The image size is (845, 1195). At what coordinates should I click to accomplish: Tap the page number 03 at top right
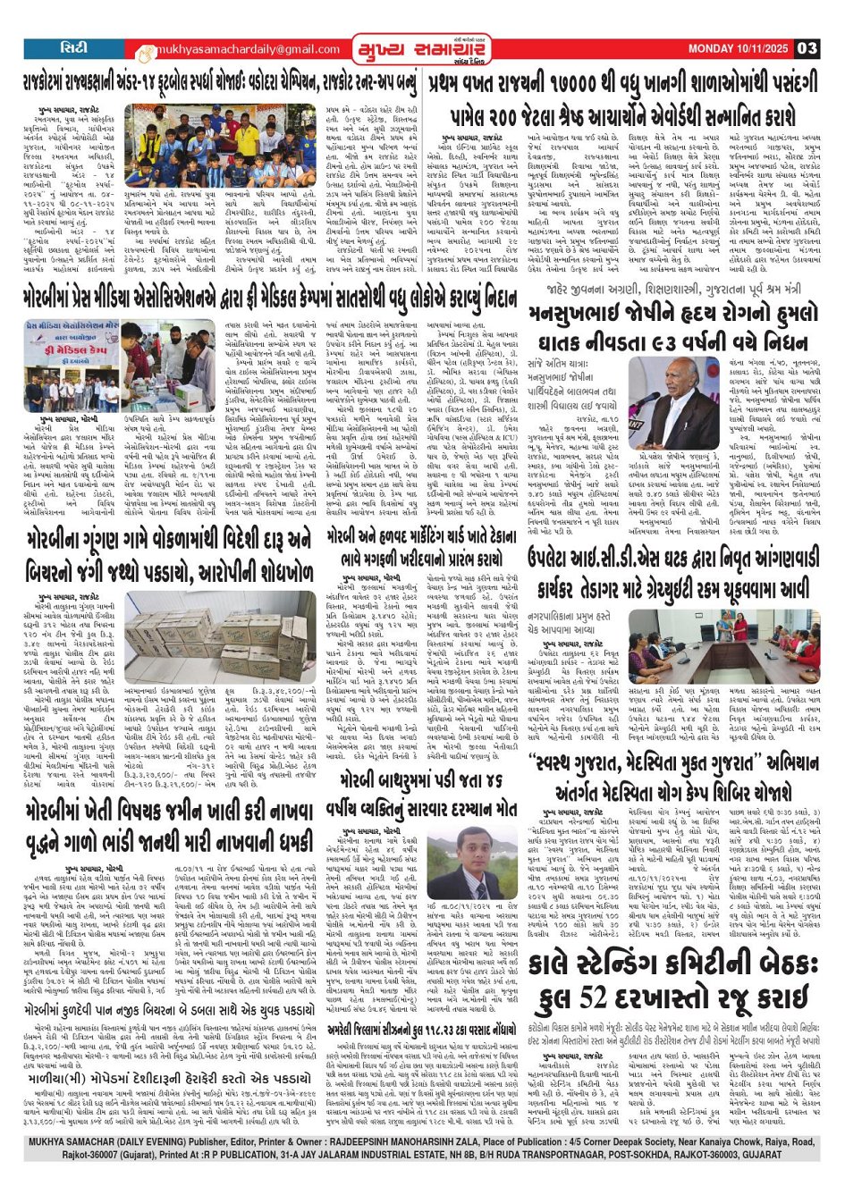coord(807,49)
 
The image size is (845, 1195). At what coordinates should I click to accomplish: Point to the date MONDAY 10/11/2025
coord(739,49)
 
